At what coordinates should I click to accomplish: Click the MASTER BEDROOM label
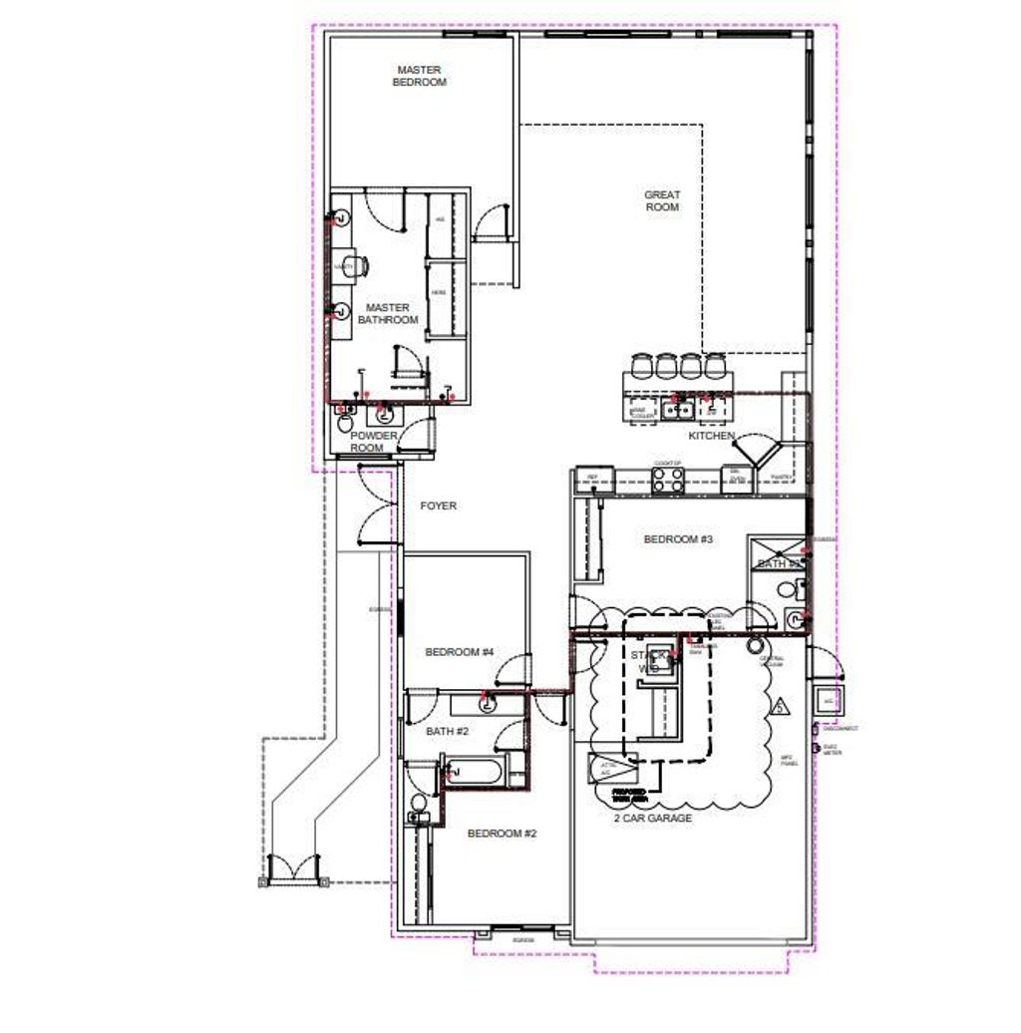pos(421,76)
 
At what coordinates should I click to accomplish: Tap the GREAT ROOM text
pos(662,201)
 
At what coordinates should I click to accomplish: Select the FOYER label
pos(438,507)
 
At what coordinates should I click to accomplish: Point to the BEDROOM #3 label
pos(678,539)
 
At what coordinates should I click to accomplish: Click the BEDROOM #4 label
pos(460,653)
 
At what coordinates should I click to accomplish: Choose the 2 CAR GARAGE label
pos(652,819)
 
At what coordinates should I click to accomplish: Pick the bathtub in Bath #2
pos(475,772)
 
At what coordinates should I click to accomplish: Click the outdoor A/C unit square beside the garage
pos(828,700)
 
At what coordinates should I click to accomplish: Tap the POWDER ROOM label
pos(374,442)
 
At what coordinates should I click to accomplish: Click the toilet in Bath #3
pos(793,618)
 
